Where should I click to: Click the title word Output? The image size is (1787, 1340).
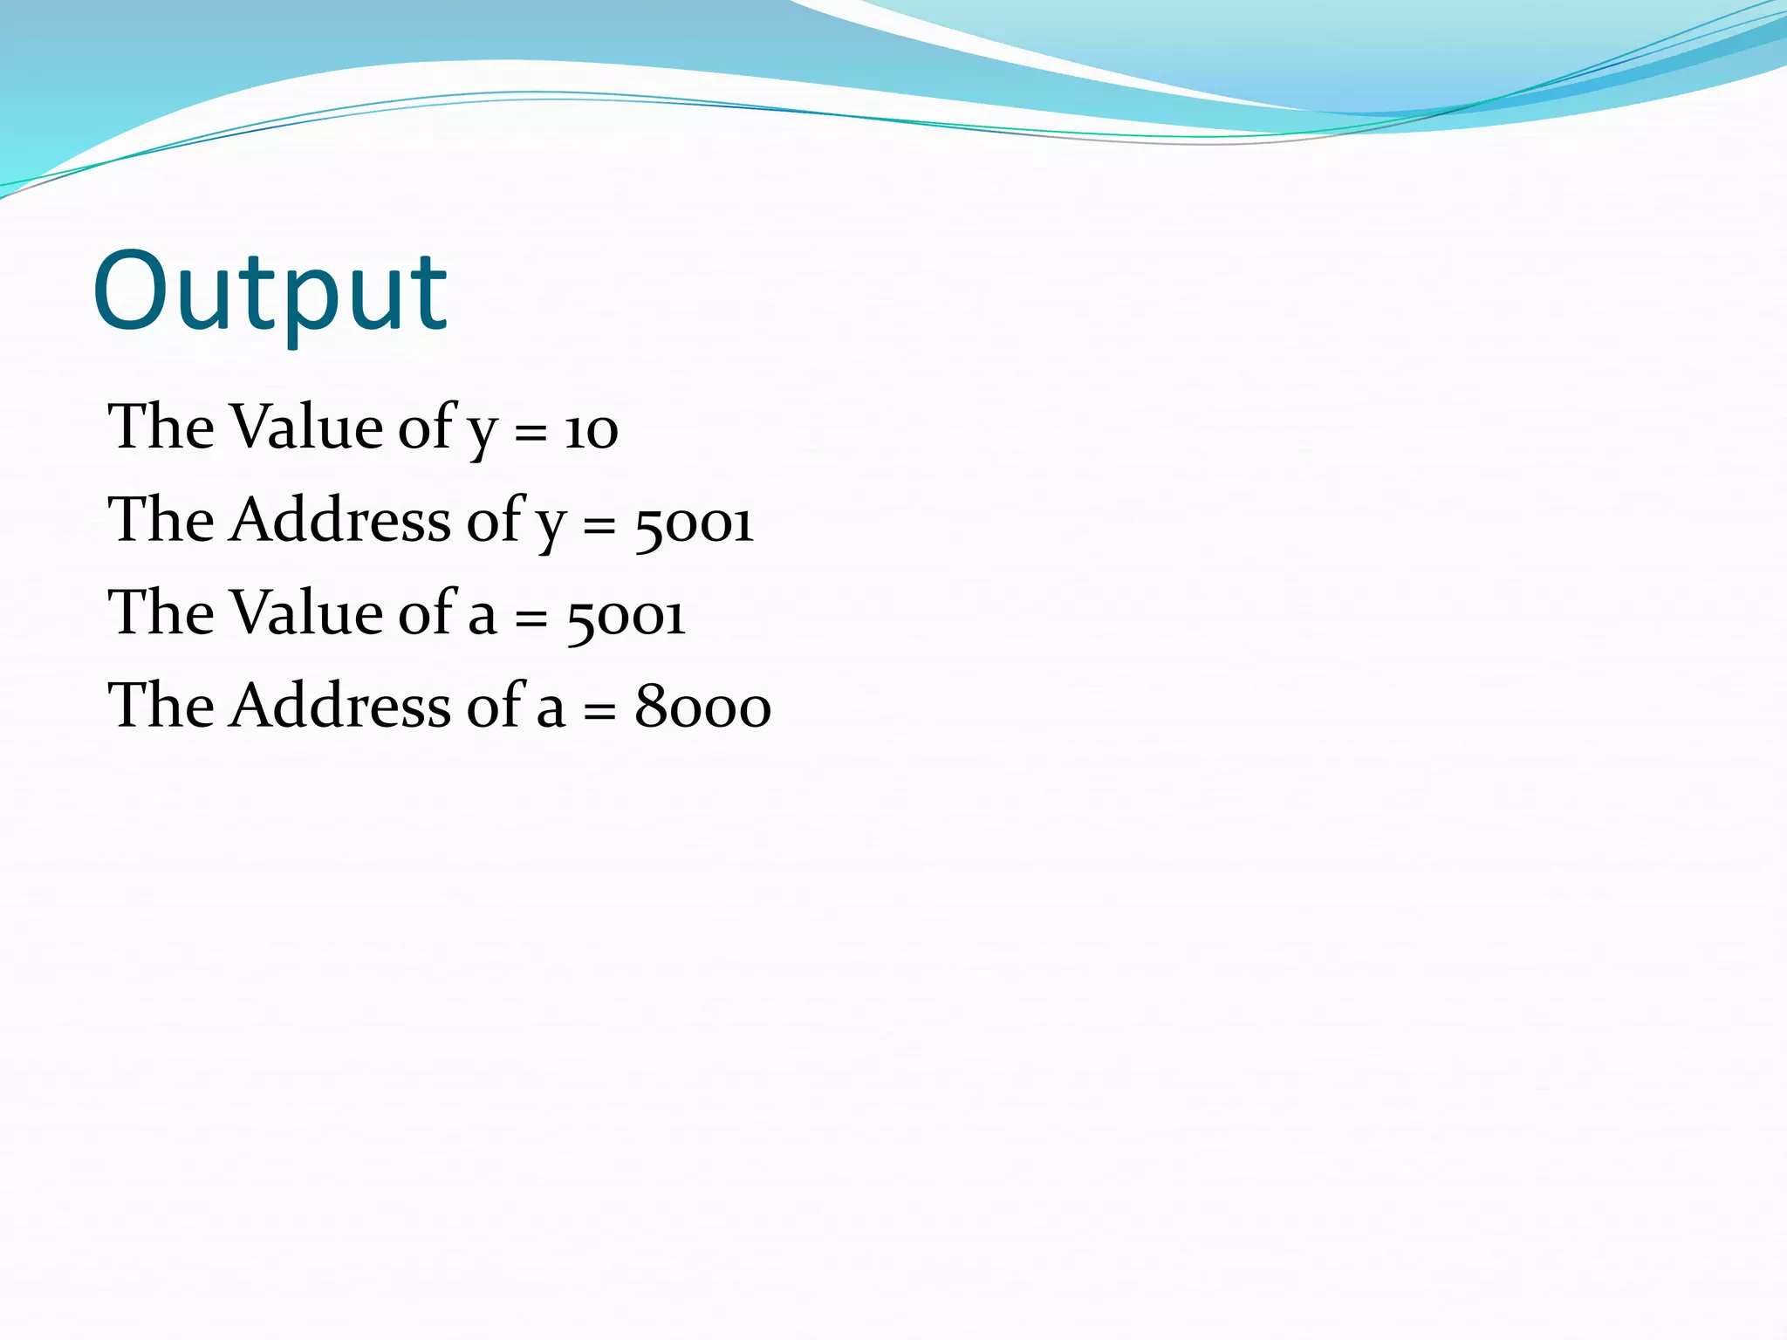click(x=270, y=292)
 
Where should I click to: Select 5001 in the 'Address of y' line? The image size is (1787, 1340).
click(x=694, y=524)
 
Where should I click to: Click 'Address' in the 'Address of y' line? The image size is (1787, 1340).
click(x=339, y=520)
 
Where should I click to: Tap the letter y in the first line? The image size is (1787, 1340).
click(x=483, y=434)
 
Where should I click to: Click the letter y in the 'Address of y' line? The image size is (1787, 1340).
click(x=551, y=526)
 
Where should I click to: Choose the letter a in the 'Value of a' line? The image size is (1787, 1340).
click(x=483, y=617)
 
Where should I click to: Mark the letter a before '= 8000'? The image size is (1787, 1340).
click(x=551, y=708)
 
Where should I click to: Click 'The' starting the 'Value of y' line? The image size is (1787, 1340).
click(x=161, y=427)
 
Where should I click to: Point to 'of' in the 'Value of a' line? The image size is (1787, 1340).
click(x=427, y=612)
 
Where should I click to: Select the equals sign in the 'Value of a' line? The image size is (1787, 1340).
click(x=531, y=618)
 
